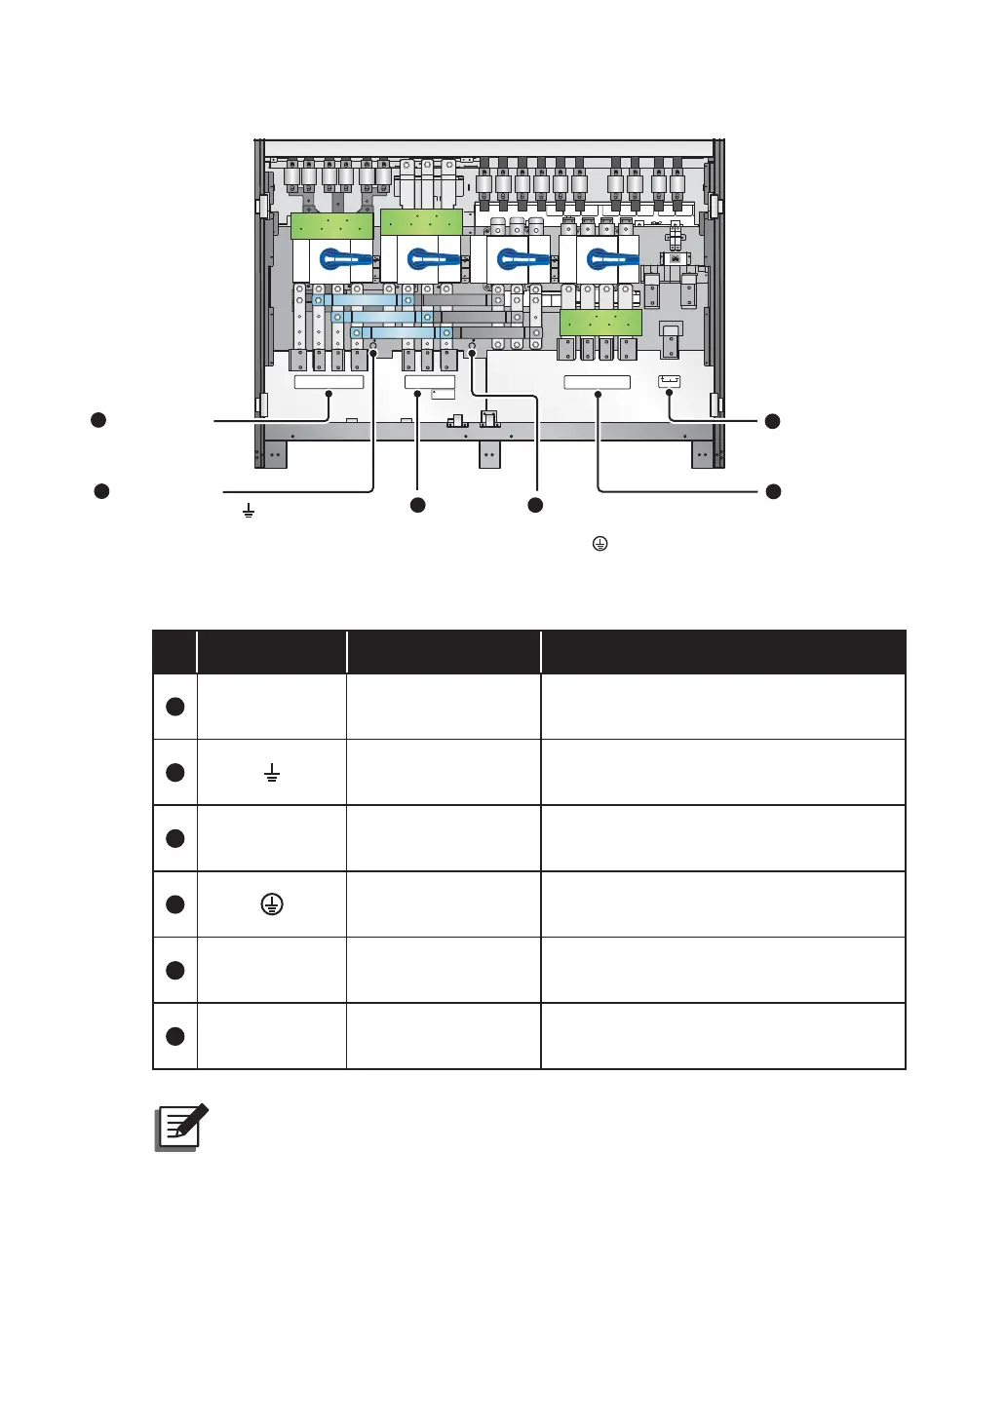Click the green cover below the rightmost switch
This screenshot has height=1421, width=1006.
(x=600, y=323)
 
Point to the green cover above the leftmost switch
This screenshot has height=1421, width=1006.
(x=331, y=226)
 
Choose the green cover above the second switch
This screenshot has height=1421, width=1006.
(x=421, y=221)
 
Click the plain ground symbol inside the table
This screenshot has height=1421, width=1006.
(x=272, y=774)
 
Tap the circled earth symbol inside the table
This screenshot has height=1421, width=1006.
(x=272, y=904)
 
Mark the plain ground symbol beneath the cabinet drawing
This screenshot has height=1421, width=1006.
(x=249, y=511)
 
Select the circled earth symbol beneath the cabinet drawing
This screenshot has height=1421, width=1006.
(x=600, y=544)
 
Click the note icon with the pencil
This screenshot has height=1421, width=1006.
(x=182, y=1128)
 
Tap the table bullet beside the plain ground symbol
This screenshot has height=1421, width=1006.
(x=175, y=773)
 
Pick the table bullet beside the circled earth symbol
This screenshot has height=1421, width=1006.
(x=175, y=904)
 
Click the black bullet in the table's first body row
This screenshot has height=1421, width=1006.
(x=175, y=707)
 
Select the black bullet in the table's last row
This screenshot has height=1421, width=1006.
(x=175, y=1036)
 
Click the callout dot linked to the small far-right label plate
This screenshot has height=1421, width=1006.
(x=772, y=421)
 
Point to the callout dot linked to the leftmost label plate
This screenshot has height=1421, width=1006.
(x=97, y=420)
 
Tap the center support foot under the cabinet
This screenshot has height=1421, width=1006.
(x=488, y=454)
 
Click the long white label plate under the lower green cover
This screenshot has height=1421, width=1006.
(x=597, y=382)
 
